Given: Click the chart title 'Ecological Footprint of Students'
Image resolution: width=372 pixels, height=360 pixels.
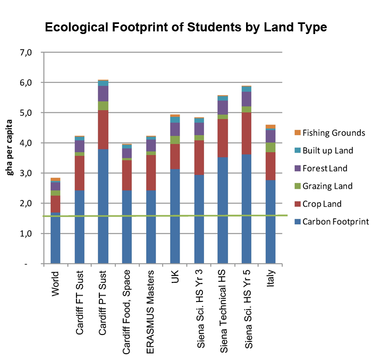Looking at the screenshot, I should (x=185, y=27).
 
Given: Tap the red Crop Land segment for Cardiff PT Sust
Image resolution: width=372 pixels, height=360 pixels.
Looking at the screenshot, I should (x=103, y=130).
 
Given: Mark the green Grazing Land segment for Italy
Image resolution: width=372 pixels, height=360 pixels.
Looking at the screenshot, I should (x=270, y=147).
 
